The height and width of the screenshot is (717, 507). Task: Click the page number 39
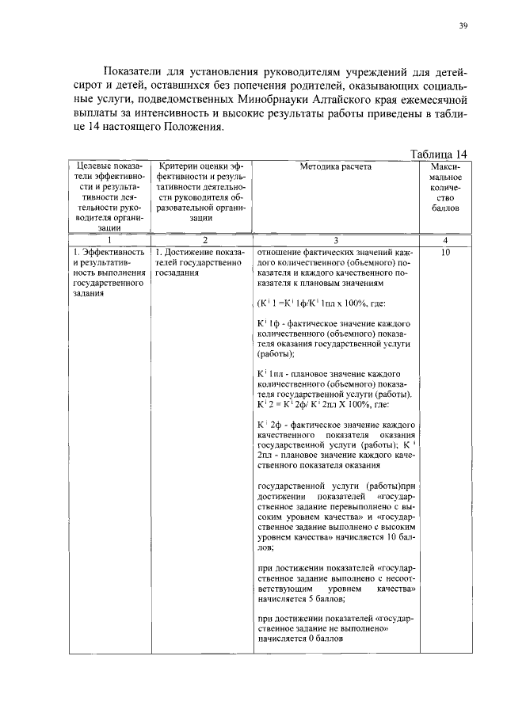point(463,25)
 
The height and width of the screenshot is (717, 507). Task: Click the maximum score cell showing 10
point(445,252)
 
